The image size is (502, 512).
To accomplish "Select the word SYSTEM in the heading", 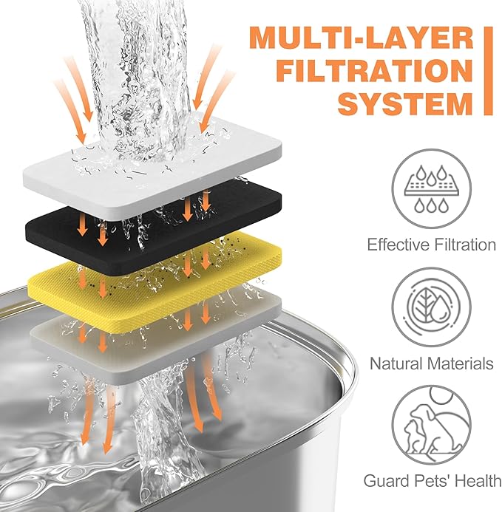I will (403, 104).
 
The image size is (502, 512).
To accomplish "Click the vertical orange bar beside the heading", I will (487, 72).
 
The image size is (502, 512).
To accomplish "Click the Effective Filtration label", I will (432, 245).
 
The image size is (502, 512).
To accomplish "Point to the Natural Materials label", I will (432, 363).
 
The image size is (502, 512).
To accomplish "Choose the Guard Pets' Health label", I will (432, 481).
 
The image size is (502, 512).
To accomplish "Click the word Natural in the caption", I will (399, 363).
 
